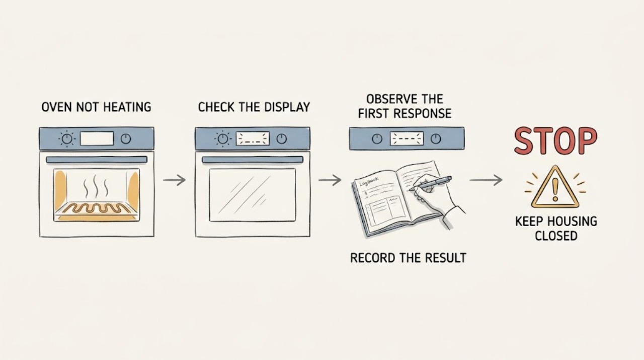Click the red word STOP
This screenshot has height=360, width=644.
(x=555, y=141)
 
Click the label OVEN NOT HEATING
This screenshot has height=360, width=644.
(x=96, y=107)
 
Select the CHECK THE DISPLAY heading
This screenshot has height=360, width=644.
(x=254, y=107)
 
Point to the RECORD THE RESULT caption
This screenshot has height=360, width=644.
(x=408, y=258)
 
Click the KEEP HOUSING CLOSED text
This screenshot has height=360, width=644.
(x=556, y=229)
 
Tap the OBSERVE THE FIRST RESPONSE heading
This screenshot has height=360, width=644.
(x=405, y=106)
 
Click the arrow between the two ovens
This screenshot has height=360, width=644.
(x=174, y=180)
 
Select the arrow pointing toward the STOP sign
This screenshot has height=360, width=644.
(x=486, y=180)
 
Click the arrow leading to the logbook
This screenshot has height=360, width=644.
(x=330, y=180)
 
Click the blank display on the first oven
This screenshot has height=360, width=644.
(x=97, y=138)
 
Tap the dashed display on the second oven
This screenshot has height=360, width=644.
(x=253, y=138)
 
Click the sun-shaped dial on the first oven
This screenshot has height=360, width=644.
(x=67, y=139)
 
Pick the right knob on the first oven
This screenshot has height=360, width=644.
(x=126, y=139)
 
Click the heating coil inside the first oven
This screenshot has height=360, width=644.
(x=96, y=208)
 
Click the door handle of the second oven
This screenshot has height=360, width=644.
(x=253, y=160)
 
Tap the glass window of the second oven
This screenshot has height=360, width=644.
(x=253, y=195)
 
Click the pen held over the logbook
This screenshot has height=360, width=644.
(x=430, y=183)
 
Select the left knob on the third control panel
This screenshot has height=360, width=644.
(x=377, y=139)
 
